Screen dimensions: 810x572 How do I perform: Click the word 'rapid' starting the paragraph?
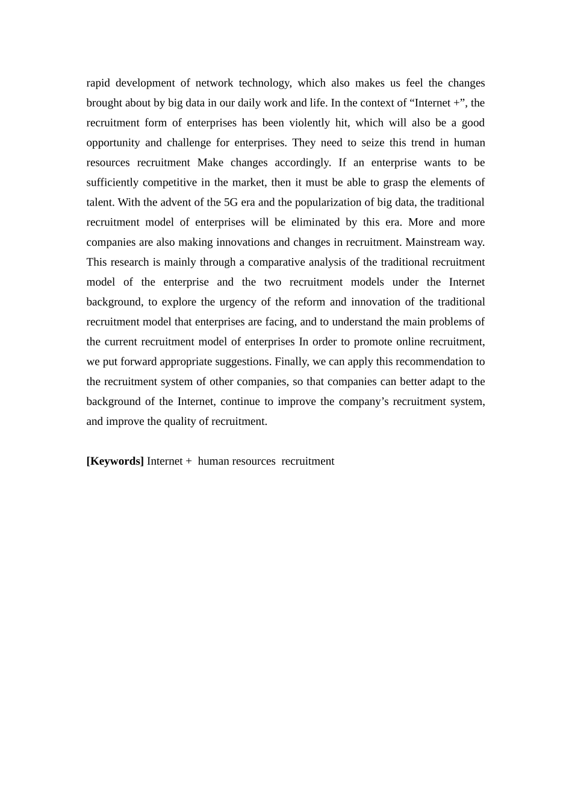pos(98,83)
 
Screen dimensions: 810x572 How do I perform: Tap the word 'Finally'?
pos(291,362)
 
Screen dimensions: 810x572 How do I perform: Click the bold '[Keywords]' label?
pos(115,461)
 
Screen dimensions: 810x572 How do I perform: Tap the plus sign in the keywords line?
pos(188,461)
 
